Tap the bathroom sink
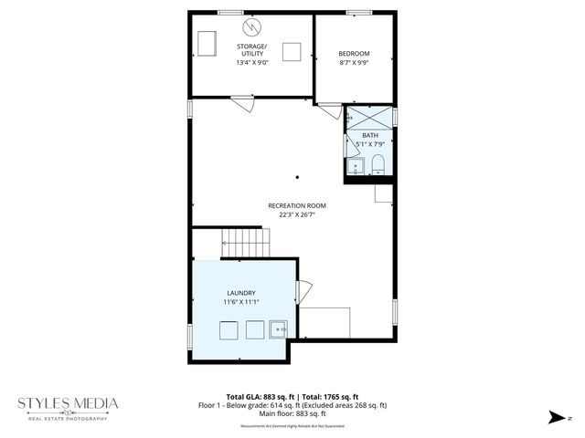pos(354,166)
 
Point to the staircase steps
pos(247,243)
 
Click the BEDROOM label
pos(354,54)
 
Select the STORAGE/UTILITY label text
pos(251,50)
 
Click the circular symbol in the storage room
pos(251,23)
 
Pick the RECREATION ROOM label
pos(297,205)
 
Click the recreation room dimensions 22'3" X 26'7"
pos(297,215)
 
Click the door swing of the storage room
pos(242,103)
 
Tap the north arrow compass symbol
pos(557,417)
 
